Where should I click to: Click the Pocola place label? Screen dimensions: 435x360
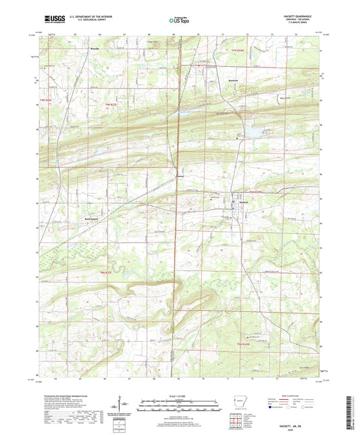pos(96,49)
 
